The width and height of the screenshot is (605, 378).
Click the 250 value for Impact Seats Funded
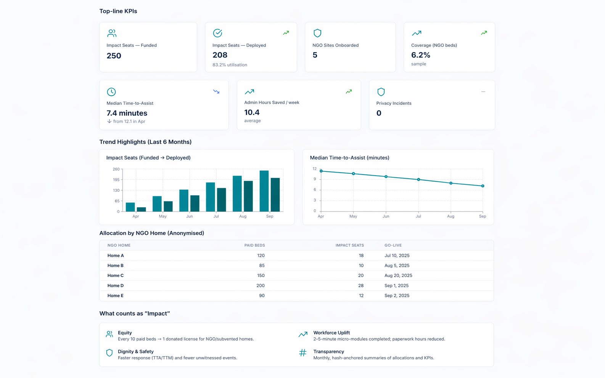coord(114,56)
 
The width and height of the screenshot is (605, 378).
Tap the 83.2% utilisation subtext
coord(230,65)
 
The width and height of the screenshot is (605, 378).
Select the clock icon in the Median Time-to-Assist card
coord(111,92)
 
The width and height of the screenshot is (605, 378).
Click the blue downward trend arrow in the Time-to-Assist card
coord(216,92)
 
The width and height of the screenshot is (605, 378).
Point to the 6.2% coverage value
coord(420,55)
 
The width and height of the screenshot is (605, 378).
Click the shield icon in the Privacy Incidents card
coord(381,92)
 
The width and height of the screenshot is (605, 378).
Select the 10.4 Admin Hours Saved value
coord(252,112)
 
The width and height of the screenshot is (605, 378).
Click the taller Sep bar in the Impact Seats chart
coord(264,191)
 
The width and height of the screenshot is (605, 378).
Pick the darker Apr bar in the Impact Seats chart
coord(142,209)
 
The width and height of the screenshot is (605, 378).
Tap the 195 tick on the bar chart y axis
coord(116,179)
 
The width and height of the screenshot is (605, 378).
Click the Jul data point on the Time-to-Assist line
coord(418,179)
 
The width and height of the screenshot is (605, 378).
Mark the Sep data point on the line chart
coord(483,186)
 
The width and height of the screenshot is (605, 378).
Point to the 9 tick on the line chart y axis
coord(315,179)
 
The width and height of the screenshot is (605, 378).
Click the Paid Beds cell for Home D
coord(260,285)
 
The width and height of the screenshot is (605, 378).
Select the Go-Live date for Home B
coord(397,266)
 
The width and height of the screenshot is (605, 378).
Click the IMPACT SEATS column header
coord(349,245)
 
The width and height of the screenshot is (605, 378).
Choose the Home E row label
coord(115,296)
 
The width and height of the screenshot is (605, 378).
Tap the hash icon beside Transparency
coord(302,353)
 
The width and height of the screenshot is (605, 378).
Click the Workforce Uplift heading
coord(331,333)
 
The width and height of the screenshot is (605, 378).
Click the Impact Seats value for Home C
coord(360,275)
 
